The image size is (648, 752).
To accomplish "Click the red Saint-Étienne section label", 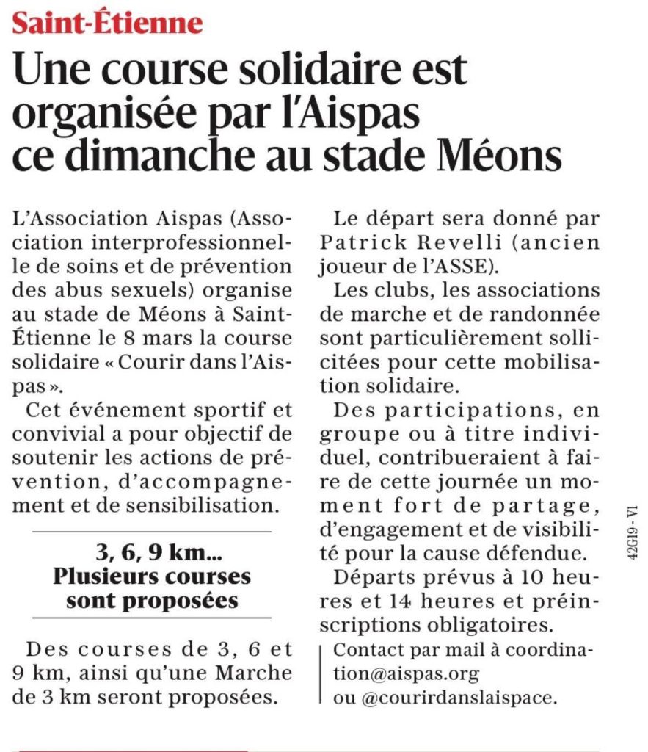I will (x=107, y=23).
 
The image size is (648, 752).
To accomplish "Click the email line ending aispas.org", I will (x=406, y=673).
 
